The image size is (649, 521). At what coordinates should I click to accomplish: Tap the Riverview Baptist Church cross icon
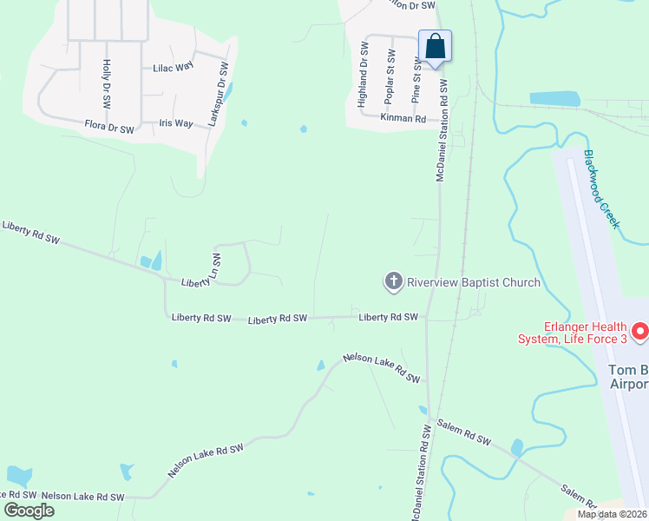393,281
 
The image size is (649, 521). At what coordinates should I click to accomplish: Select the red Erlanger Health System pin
639,331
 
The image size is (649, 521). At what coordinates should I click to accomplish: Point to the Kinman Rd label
403,118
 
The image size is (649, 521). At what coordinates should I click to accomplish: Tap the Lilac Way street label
173,68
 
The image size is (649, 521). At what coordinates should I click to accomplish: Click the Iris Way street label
176,123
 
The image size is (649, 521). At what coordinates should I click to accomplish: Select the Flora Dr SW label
109,129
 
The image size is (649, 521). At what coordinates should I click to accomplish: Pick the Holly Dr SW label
106,83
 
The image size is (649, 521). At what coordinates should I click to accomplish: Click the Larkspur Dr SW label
218,96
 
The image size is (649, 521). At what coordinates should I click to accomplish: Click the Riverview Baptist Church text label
473,282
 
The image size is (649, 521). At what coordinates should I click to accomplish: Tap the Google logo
29,510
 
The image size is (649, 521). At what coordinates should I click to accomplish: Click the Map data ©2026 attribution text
612,514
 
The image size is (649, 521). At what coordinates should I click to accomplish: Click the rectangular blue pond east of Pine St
555,99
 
